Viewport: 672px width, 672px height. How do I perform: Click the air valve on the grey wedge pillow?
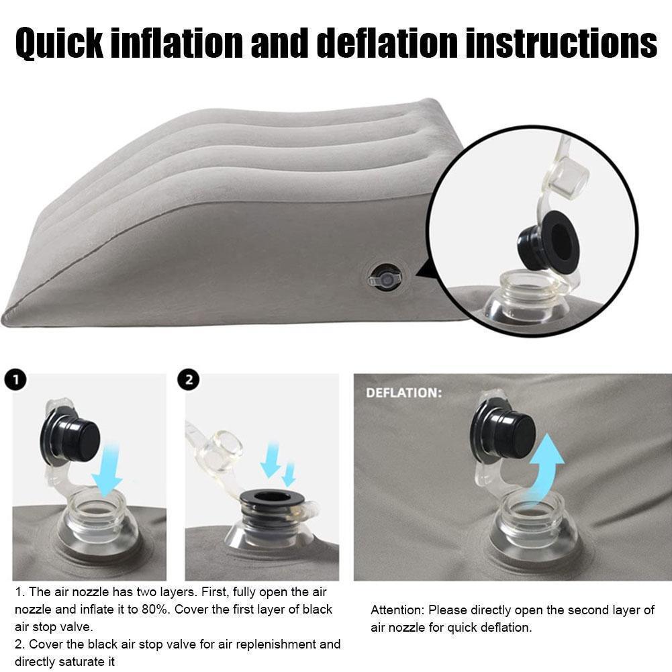[x=384, y=277]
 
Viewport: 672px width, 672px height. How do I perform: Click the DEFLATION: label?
[x=403, y=393]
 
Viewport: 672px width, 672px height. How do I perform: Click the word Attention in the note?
[x=397, y=610]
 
